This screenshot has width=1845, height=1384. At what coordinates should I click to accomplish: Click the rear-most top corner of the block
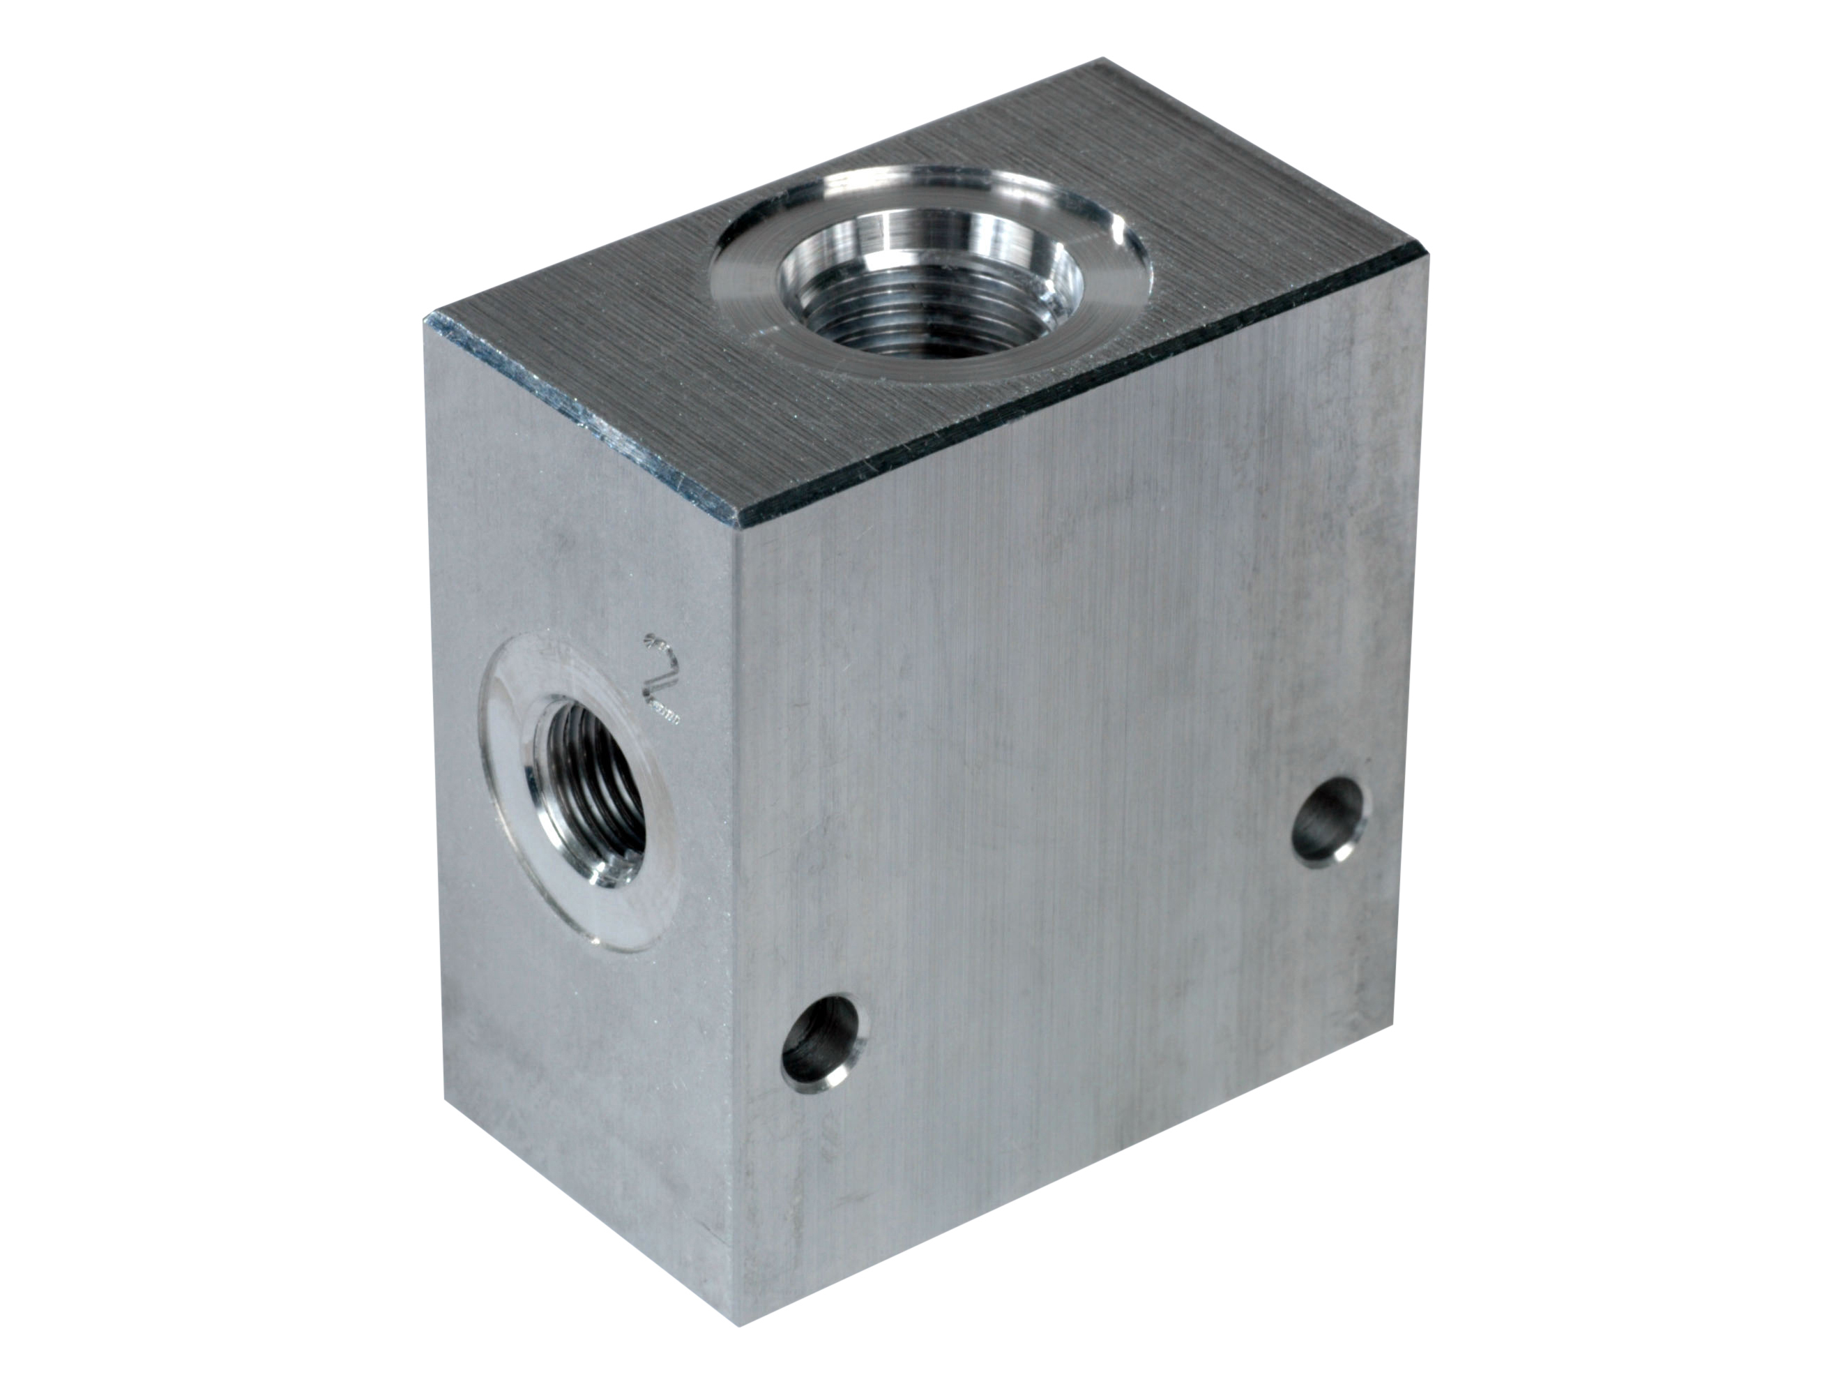pos(1104,59)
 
